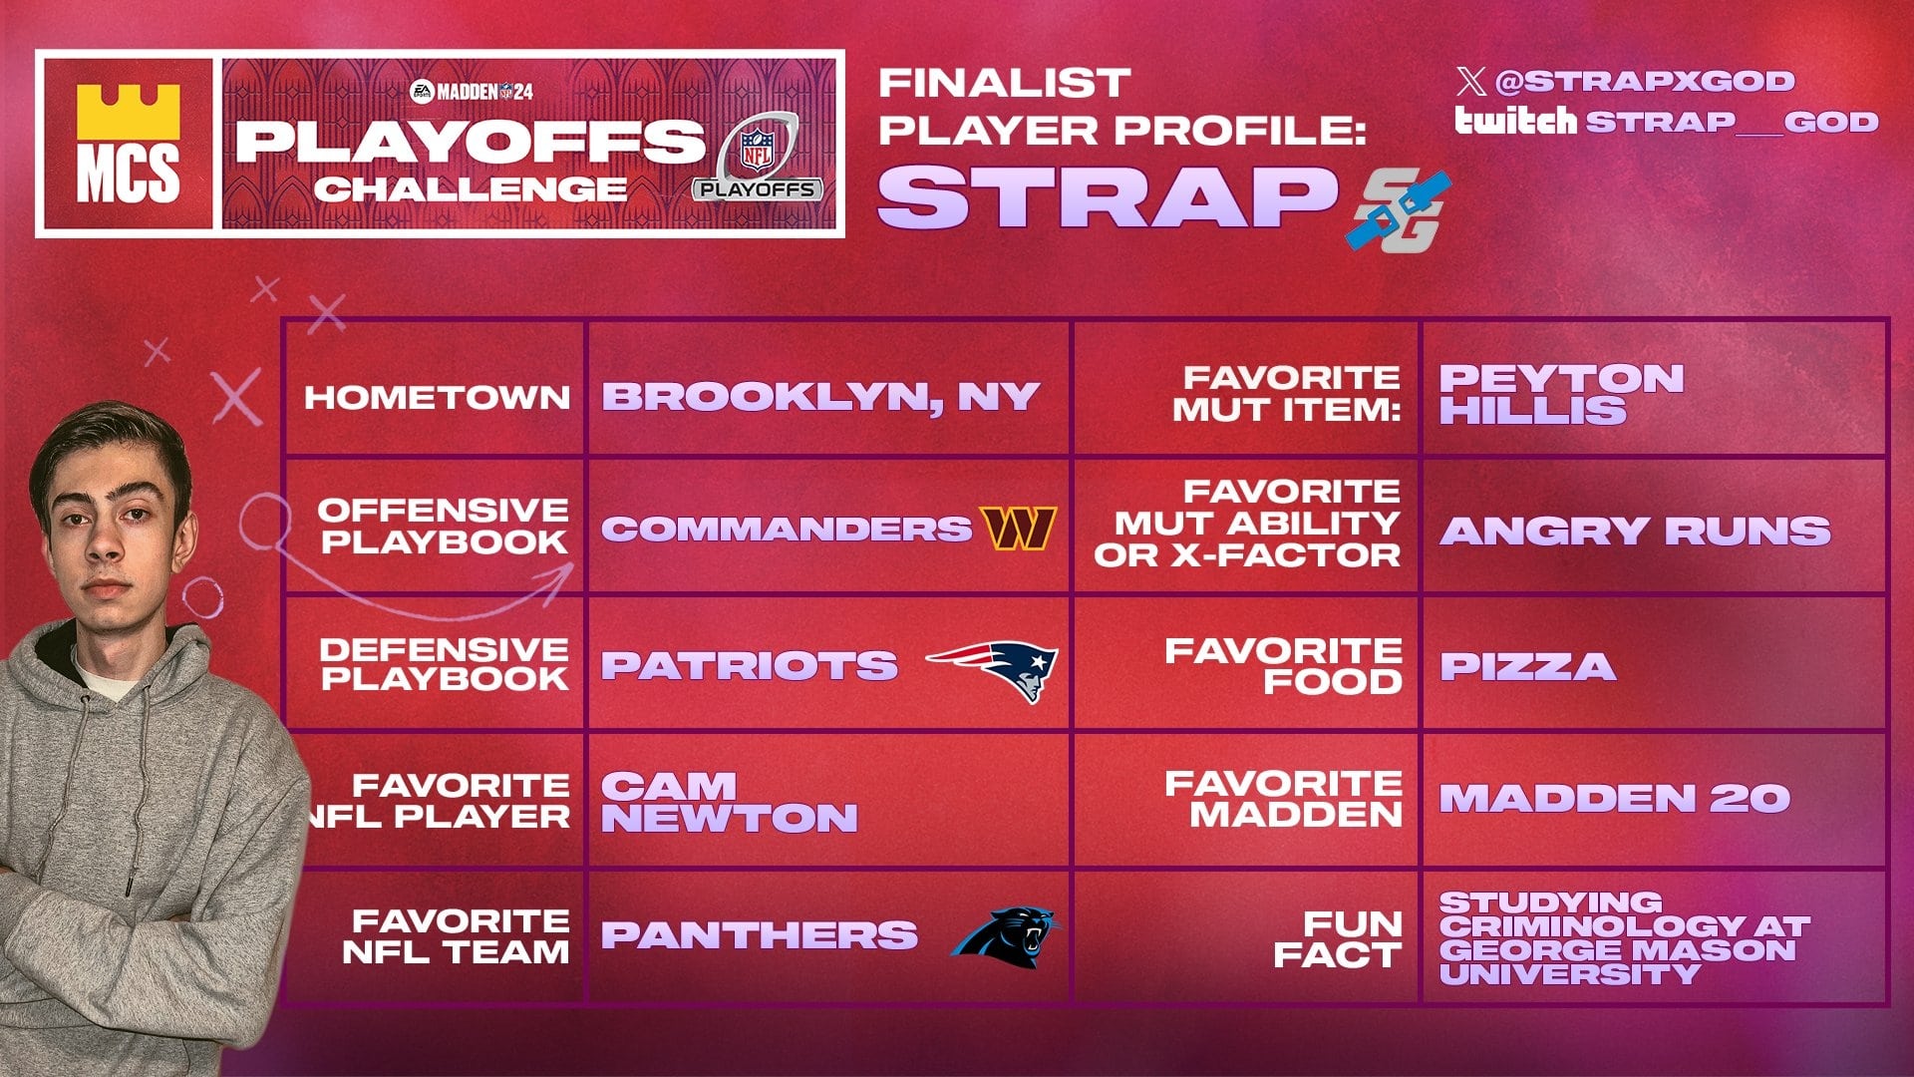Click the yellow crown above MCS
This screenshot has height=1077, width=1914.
[x=128, y=110]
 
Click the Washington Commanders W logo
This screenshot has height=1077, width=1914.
[x=1018, y=529]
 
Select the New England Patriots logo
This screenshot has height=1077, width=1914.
[x=993, y=669]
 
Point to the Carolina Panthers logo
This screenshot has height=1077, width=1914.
[x=1006, y=935]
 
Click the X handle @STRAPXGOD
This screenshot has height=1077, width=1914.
[x=1644, y=81]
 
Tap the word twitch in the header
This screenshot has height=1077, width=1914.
[x=1515, y=121]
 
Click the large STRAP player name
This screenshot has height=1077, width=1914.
[x=1107, y=196]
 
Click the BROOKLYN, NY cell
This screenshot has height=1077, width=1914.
[x=820, y=397]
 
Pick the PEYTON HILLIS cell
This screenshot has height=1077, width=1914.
[x=1561, y=394]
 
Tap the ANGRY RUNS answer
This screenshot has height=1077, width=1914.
[x=1635, y=531]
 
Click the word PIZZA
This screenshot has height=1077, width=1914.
[x=1527, y=666]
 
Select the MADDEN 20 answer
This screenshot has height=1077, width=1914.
[x=1614, y=798]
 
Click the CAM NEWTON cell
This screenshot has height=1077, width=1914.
[x=729, y=802]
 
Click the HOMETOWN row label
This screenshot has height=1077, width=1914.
[x=438, y=397]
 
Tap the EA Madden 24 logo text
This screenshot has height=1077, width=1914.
[x=473, y=92]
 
